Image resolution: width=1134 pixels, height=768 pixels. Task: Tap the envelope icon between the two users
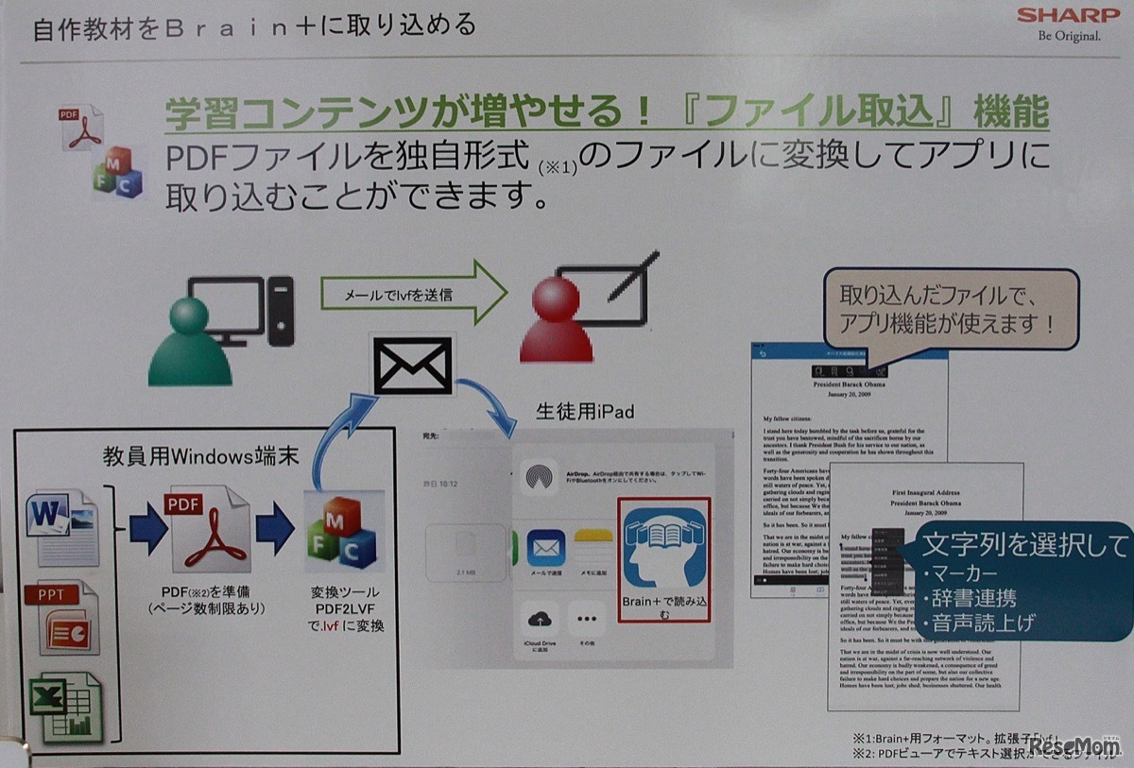(413, 366)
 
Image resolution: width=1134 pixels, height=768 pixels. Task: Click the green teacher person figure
(189, 343)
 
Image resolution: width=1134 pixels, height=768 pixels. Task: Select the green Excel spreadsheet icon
(66, 704)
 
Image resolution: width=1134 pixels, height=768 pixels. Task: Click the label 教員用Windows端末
(201, 458)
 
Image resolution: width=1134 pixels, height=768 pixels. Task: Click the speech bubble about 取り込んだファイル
(950, 307)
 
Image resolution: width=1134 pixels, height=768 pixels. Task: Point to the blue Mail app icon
(546, 548)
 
